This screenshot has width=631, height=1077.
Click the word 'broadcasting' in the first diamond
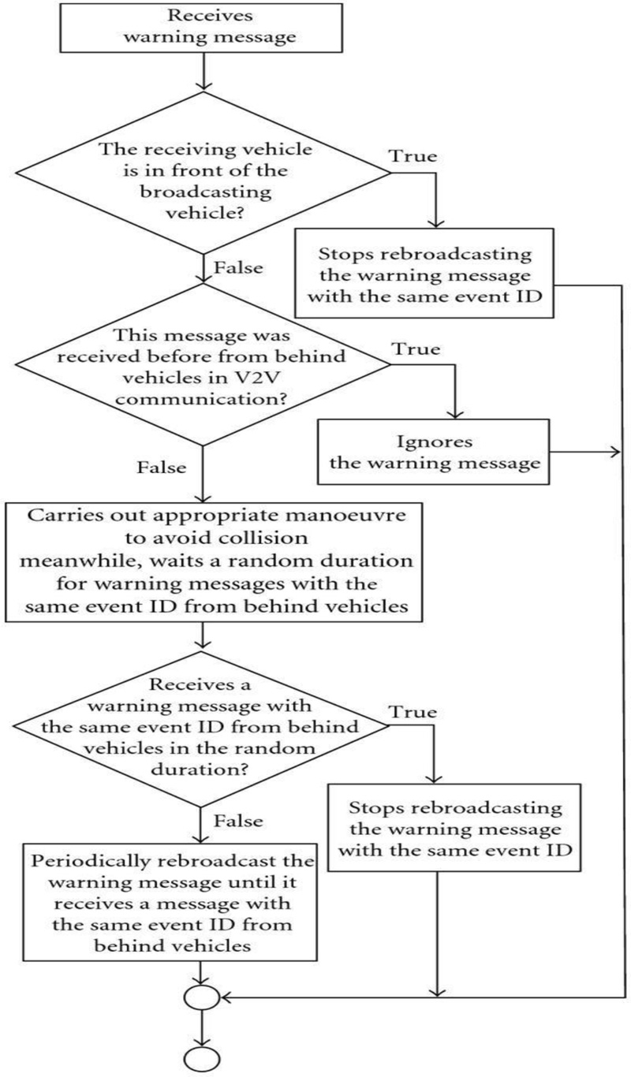tap(204, 194)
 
